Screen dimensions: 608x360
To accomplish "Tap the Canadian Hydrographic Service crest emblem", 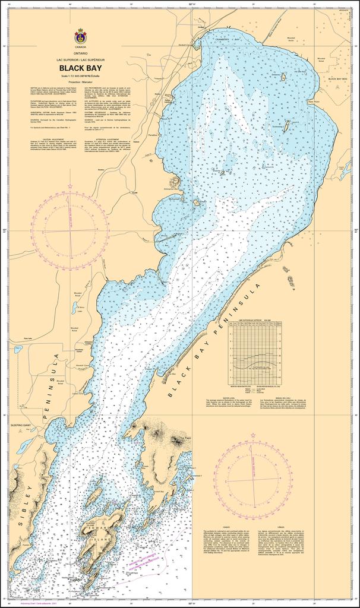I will [80, 36].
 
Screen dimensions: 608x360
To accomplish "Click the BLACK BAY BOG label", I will [336, 78].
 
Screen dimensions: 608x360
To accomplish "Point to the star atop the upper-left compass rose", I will [70, 186].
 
